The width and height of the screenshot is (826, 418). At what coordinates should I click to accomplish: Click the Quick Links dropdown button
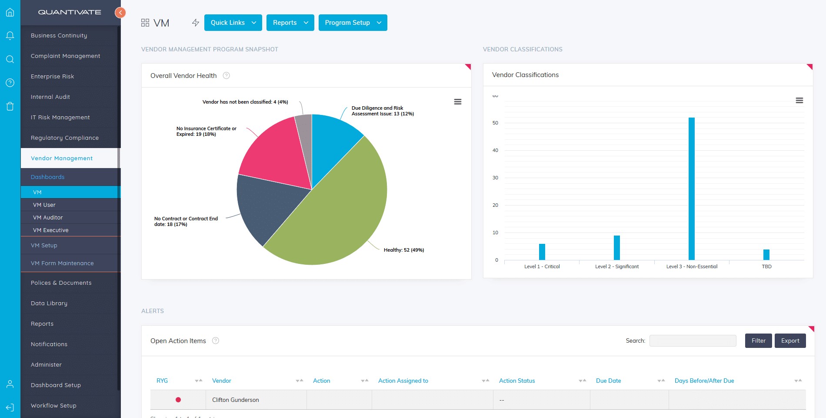[x=233, y=23]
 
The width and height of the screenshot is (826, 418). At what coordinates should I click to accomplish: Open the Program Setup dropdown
[x=353, y=23]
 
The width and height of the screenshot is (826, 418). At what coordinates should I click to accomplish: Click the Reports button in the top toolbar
[x=290, y=23]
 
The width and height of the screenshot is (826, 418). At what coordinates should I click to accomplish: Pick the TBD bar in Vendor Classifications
[x=766, y=255]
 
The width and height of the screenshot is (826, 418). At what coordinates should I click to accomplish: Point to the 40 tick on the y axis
[x=495, y=150]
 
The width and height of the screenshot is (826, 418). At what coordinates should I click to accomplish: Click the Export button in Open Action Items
[x=790, y=340]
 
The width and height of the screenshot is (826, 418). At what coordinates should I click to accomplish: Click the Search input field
[x=693, y=340]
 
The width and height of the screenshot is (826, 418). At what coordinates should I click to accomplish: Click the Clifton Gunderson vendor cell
[x=236, y=400]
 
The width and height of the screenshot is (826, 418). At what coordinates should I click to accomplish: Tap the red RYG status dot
[x=178, y=400]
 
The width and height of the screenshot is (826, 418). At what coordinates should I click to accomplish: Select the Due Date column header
[x=608, y=381]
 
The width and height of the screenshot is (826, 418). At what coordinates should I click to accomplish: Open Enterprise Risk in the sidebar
[x=52, y=76]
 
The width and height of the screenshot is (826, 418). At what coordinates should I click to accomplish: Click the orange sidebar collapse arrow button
[x=120, y=13]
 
